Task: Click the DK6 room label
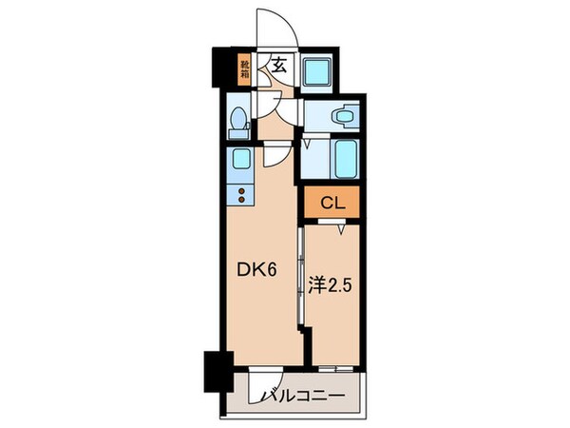(x=256, y=270)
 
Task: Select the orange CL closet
(x=332, y=202)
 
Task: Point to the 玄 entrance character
(x=281, y=66)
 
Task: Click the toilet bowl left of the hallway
(x=239, y=120)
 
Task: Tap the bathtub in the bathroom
(x=343, y=159)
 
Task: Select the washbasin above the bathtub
(x=343, y=115)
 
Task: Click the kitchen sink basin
(x=241, y=159)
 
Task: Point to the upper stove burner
(x=241, y=189)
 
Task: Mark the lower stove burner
(x=241, y=200)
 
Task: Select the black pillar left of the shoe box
(x=225, y=69)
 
